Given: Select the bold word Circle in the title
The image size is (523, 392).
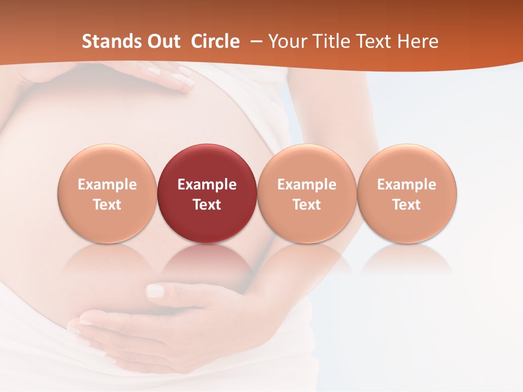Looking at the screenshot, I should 215,41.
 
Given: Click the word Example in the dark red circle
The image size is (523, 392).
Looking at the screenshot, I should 207,185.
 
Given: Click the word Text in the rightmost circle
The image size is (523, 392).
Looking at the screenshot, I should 406,205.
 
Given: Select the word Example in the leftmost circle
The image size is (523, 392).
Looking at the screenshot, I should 107,185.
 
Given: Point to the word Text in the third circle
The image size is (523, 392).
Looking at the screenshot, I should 307,205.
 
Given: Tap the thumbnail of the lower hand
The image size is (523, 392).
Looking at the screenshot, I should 156,291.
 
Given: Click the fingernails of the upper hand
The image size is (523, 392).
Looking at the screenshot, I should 183,82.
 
